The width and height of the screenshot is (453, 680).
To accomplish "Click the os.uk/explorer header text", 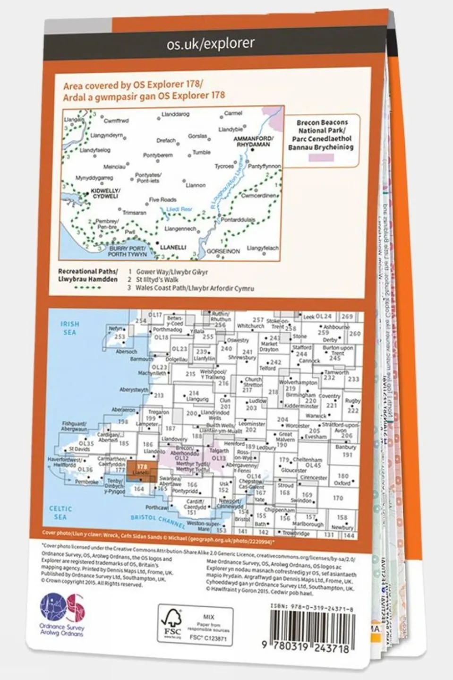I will [x=210, y=44].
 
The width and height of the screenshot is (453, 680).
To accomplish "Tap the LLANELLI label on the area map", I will [x=173, y=247].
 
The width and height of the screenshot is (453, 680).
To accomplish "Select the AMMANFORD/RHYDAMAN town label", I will [x=253, y=141].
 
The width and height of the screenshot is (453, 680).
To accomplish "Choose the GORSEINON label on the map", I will [x=223, y=252].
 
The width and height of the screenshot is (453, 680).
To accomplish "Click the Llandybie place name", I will [x=231, y=129].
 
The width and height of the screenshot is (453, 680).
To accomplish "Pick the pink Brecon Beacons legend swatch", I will [x=321, y=158].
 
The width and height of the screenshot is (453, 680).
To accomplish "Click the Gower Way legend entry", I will [x=171, y=272].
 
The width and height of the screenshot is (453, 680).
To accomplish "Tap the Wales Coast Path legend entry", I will [x=194, y=288].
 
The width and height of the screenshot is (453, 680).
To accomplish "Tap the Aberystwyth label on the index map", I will [x=134, y=390].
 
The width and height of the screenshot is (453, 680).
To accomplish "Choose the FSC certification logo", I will [x=172, y=625].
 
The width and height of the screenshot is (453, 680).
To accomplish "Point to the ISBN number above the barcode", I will [x=312, y=610].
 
